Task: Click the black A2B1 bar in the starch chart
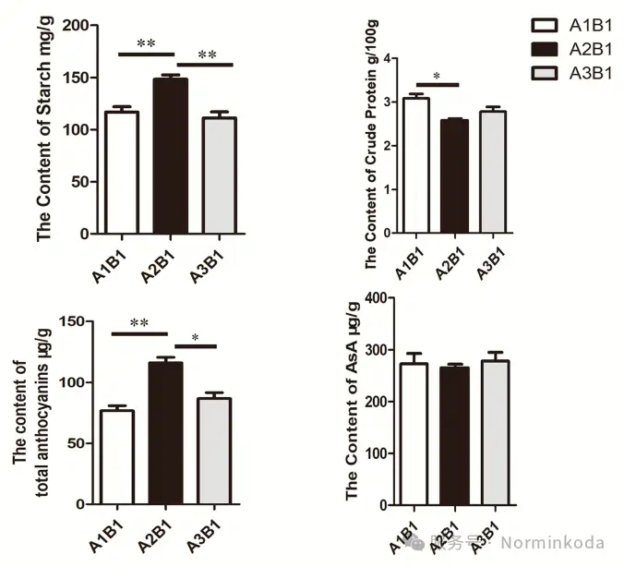[170, 156]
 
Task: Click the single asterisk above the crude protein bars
[437, 77]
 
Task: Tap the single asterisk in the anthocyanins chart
[195, 338]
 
